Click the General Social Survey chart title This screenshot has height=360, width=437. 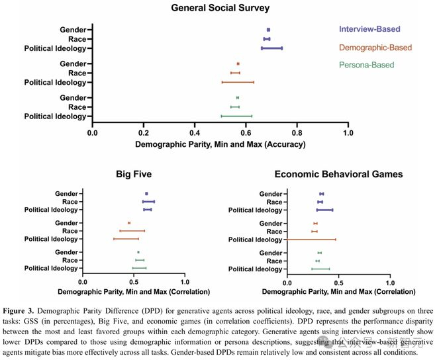pyautogui.click(x=218, y=8)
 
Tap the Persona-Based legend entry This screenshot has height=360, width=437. pyautogui.click(x=366, y=65)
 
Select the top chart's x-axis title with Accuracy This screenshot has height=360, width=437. pyautogui.click(x=219, y=144)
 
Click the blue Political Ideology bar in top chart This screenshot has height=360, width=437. pyautogui.click(x=271, y=48)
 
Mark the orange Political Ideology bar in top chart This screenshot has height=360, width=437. pyautogui.click(x=237, y=82)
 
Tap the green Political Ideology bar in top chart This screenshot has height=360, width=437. pyautogui.click(x=236, y=116)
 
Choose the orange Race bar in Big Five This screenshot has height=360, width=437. pyautogui.click(x=132, y=231)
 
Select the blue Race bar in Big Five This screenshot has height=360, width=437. pyautogui.click(x=148, y=201)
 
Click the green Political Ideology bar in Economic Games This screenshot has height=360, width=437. pyautogui.click(x=320, y=269)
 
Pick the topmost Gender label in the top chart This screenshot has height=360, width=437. pyautogui.click(x=72, y=30)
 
